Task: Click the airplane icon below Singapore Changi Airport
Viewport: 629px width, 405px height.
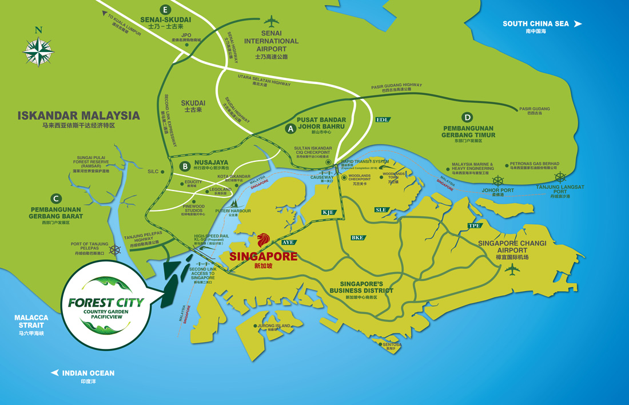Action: point(512,269)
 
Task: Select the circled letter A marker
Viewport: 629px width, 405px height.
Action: point(290,129)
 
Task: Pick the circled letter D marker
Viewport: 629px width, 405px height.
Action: point(468,117)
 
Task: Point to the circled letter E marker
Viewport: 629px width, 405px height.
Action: point(166,10)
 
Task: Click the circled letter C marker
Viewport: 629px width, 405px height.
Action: point(56,199)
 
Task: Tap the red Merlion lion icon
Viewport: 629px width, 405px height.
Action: point(264,241)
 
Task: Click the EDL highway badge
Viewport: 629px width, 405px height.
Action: point(382,120)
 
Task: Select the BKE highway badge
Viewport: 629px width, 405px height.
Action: point(357,237)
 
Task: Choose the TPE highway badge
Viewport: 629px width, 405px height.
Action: point(474,225)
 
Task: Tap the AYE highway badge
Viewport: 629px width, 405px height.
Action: point(288,243)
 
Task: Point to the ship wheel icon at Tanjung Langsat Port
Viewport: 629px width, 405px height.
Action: point(560,177)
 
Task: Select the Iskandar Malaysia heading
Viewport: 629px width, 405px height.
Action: point(78,116)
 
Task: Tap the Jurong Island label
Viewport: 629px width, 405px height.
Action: point(275,325)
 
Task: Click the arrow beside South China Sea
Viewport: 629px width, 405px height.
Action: point(578,23)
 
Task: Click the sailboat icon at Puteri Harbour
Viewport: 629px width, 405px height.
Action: point(234,202)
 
